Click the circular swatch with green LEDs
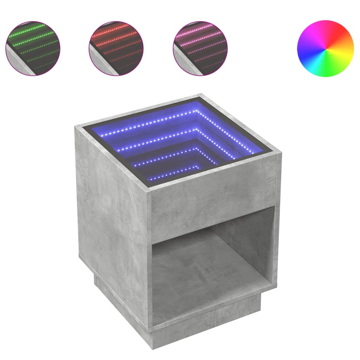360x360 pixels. (x=33, y=49)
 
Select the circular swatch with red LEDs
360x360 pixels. (x=116, y=49)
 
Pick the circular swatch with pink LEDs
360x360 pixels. (x=200, y=49)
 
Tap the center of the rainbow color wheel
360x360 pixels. (x=326, y=49)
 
